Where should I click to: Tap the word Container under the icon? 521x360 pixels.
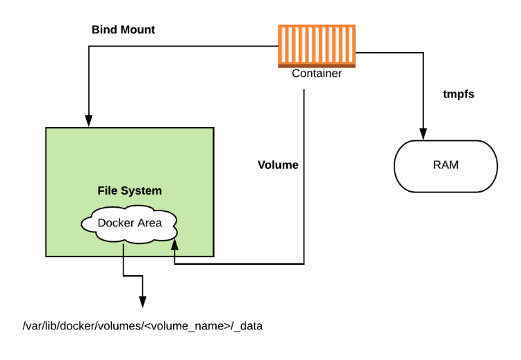click(316, 73)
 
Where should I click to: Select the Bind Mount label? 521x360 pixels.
click(123, 30)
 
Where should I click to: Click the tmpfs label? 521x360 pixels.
click(458, 93)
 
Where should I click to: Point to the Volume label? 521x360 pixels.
click(278, 165)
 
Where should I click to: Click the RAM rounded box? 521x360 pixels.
click(445, 166)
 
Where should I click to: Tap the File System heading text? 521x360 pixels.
click(129, 190)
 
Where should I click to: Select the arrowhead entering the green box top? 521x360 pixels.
click(88, 120)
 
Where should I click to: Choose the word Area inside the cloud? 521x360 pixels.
click(148, 222)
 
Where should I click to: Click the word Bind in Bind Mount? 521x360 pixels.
click(104, 30)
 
